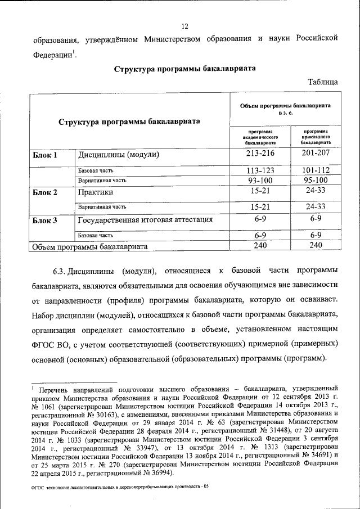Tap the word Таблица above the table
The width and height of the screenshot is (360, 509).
323,82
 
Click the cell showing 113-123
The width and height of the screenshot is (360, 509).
260,170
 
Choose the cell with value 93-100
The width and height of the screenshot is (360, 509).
260,181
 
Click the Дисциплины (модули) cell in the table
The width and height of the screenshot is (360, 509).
119,154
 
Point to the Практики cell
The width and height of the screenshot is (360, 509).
96,192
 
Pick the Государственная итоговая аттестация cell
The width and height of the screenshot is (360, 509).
145,220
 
